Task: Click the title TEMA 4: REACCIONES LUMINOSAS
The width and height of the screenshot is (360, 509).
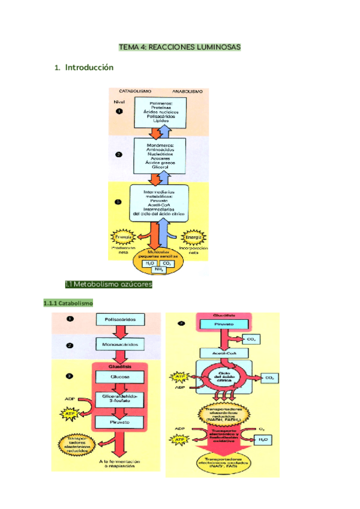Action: click(x=179, y=47)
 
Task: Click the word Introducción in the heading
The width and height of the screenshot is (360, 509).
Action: click(x=89, y=68)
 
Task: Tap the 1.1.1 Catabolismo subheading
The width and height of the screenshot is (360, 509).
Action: click(x=68, y=303)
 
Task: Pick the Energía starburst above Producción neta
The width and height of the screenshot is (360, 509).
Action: click(x=123, y=236)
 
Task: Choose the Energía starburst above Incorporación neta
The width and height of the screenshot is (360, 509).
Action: click(x=193, y=236)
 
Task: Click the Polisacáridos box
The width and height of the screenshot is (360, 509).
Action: click(x=120, y=320)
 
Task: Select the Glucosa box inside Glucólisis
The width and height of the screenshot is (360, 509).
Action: click(x=120, y=378)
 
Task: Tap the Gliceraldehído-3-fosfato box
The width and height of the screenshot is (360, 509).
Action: click(x=120, y=400)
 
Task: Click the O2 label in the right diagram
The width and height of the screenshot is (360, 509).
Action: click(x=261, y=429)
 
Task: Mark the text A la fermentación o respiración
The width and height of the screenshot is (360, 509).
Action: click(x=120, y=464)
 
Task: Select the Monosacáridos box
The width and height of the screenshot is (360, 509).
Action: click(x=120, y=345)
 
